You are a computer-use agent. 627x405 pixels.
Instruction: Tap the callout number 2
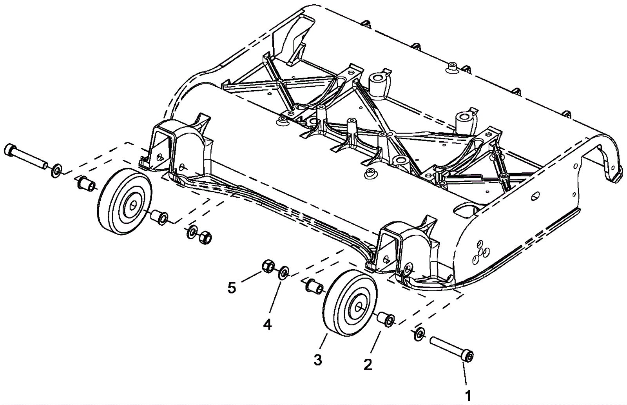pos(368,365)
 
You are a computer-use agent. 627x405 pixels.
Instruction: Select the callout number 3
pos(317,359)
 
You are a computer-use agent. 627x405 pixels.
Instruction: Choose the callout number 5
pos(232,288)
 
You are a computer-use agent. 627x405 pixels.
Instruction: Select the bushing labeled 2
pos(386,319)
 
